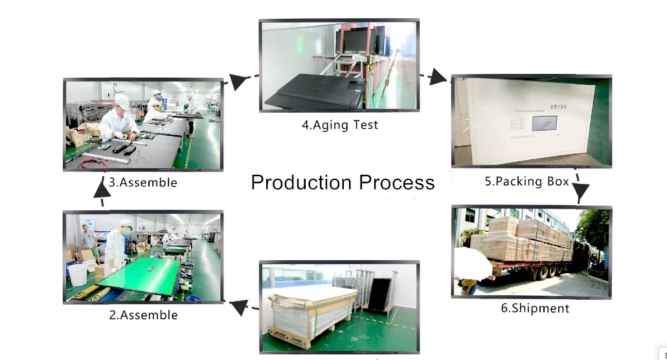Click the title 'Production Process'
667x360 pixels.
[343, 182]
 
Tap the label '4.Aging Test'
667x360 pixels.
[339, 125]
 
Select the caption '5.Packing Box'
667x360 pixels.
[526, 181]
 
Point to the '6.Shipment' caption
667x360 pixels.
[535, 308]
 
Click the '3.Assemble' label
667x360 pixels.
[142, 183]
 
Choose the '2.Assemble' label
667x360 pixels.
[143, 315]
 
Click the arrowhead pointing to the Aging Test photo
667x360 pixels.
[240, 80]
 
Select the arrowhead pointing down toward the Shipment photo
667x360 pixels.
[581, 192]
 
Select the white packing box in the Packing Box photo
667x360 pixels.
[525, 120]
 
